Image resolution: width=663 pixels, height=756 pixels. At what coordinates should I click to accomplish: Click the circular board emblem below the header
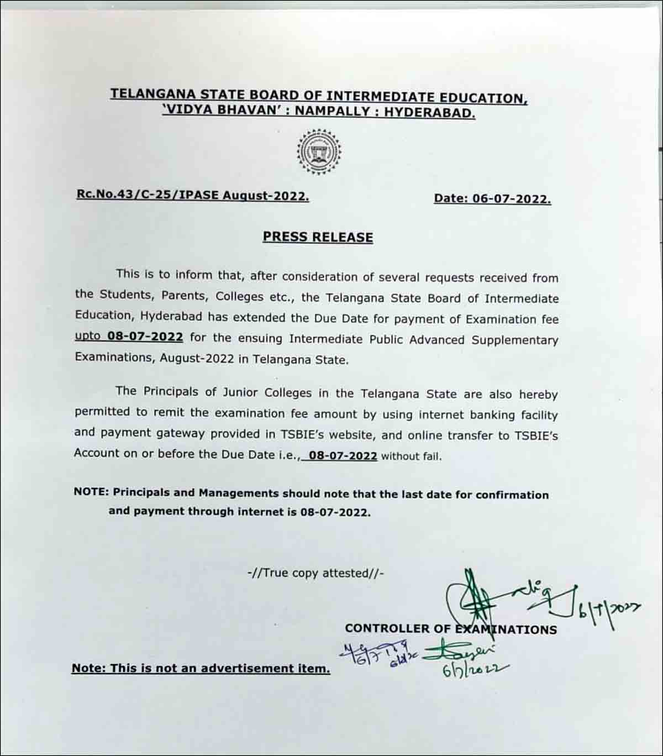319,152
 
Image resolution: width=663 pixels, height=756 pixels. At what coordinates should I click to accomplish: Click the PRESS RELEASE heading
318,237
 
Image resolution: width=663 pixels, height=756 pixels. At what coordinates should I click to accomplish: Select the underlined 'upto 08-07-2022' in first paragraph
129,337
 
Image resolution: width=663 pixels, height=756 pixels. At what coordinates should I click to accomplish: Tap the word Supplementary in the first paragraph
514,340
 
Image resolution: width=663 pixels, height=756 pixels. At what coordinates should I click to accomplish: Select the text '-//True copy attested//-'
315,573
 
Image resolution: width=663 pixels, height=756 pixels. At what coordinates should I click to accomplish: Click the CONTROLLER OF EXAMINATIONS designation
450,629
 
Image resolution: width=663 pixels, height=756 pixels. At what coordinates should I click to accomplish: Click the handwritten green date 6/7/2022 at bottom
475,669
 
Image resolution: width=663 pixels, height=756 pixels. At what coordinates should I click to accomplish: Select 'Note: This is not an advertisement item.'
201,668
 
